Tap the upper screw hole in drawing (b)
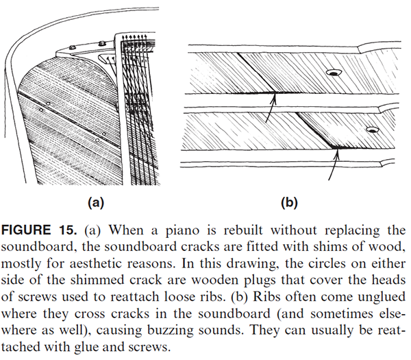coord(335,71)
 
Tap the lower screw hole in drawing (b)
coord(372,129)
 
